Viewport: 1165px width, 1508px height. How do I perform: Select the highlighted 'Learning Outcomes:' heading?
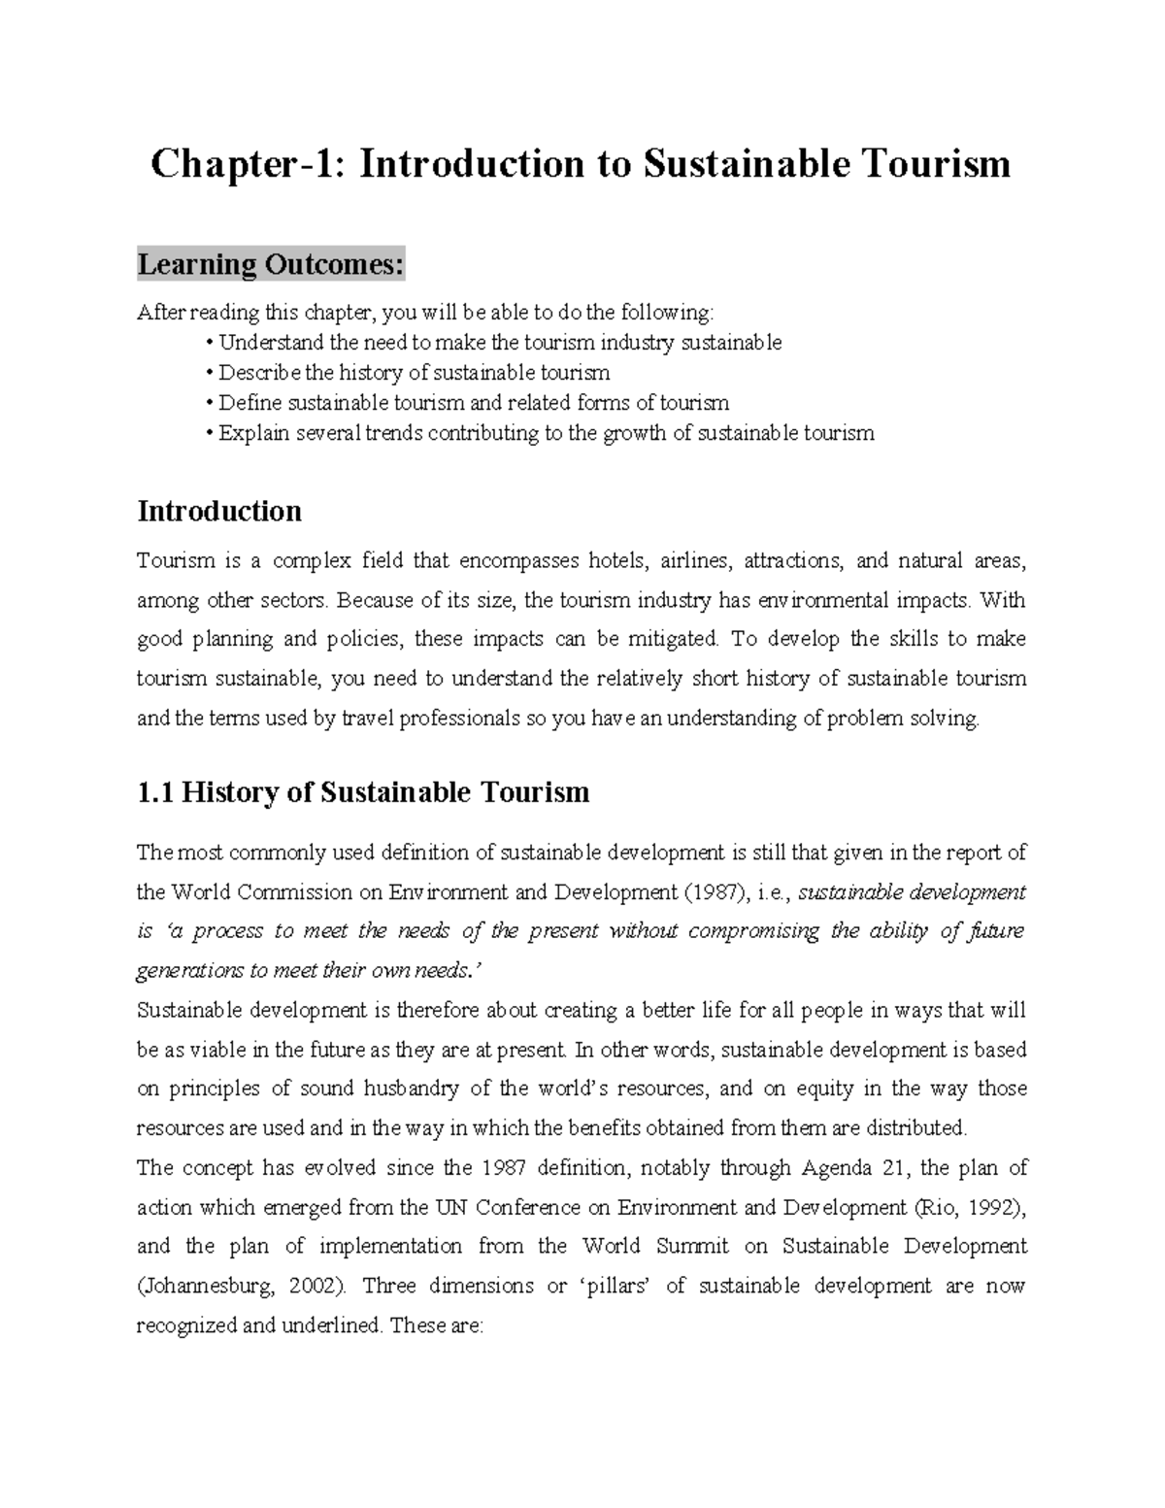tap(270, 264)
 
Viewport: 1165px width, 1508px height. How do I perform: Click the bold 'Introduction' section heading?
tap(219, 511)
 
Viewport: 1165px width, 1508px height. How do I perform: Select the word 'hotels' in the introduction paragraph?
tap(616, 561)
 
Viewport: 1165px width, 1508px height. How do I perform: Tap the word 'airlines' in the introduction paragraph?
tap(695, 561)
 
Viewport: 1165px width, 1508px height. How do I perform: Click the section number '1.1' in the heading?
tap(155, 792)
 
